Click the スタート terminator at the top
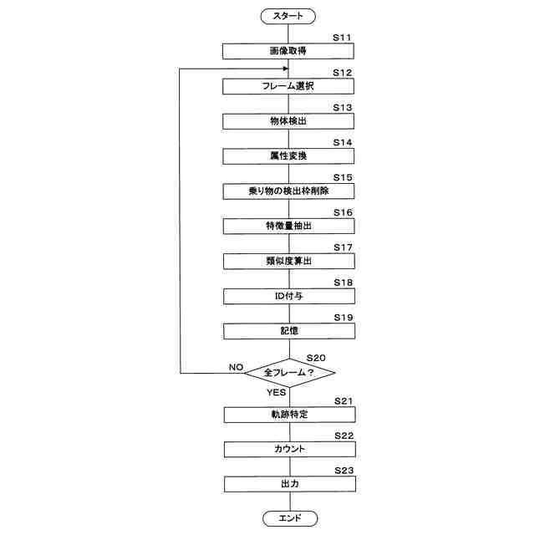point(288,15)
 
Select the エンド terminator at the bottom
point(288,519)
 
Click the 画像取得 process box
point(288,51)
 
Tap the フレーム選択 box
point(288,86)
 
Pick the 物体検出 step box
point(288,121)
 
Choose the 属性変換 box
point(288,156)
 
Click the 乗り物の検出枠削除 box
point(288,191)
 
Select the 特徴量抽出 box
point(288,227)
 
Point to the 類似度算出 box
point(288,262)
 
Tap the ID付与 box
point(288,297)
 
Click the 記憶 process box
point(288,332)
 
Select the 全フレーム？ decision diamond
point(288,372)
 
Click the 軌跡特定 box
point(288,415)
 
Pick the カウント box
point(288,450)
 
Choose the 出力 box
point(288,485)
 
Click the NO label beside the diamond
point(237,367)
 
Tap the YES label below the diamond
point(277,391)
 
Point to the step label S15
point(343,178)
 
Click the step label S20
point(316,357)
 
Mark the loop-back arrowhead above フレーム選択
point(284,69)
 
